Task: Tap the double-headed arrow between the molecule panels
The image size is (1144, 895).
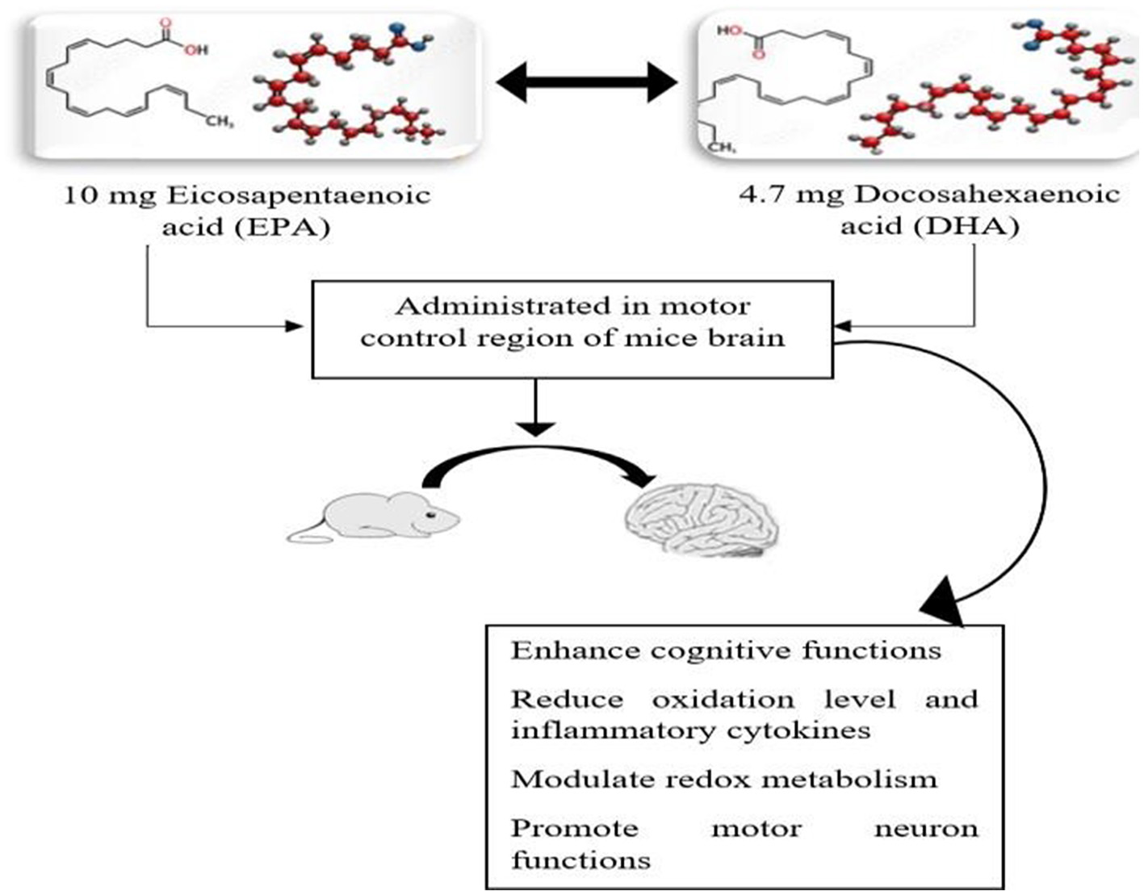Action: [x=586, y=82]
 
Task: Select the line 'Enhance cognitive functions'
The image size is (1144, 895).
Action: [x=726, y=650]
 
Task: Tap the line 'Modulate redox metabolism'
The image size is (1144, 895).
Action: [x=724, y=780]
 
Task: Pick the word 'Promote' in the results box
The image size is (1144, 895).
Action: [x=574, y=829]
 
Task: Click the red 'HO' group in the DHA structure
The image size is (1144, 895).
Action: [x=729, y=31]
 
